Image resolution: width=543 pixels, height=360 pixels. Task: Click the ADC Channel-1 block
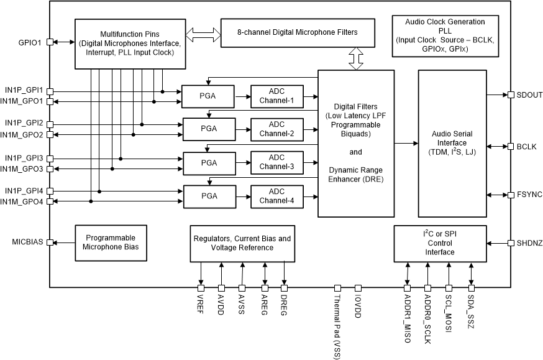pos(276,95)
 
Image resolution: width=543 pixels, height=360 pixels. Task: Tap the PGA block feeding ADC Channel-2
pos(209,129)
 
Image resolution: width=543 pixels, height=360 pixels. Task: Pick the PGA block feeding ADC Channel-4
pos(209,196)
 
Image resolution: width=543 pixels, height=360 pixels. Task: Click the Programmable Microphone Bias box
pos(111,242)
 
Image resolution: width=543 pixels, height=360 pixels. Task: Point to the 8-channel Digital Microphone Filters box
pos(298,32)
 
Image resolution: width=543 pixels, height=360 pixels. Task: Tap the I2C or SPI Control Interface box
pos(439,242)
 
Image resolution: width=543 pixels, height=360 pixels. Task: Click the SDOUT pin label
pos(529,95)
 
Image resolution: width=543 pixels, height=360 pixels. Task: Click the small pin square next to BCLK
pos(510,147)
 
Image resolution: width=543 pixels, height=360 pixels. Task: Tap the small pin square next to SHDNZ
pos(510,242)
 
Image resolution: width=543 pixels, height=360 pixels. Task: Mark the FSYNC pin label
pos(529,195)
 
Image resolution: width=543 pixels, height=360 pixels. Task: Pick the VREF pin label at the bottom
pos(201,303)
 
